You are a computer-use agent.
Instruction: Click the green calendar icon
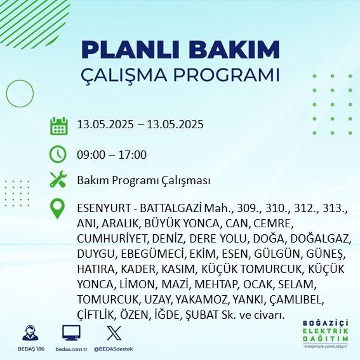tap(59, 126)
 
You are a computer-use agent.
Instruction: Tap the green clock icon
tap(58, 154)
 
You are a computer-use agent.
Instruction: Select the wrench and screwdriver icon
tap(58, 179)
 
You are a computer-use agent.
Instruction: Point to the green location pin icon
tap(57, 208)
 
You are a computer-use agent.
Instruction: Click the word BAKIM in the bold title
tap(234, 50)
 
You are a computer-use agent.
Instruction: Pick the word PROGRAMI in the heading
tap(226, 75)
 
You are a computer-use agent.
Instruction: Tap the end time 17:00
tap(133, 154)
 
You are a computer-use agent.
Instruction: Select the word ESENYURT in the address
tap(104, 208)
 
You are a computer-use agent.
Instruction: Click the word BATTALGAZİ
tap(171, 208)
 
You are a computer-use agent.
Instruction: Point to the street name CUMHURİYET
tap(112, 239)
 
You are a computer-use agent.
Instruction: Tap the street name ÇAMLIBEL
tap(296, 300)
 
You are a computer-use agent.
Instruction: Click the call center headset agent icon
tap(30, 333)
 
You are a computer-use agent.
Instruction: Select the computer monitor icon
tap(71, 333)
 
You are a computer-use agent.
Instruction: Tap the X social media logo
tap(114, 333)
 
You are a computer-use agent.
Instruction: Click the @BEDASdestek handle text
tap(114, 349)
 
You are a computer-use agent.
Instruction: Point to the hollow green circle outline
tap(6, 94)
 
